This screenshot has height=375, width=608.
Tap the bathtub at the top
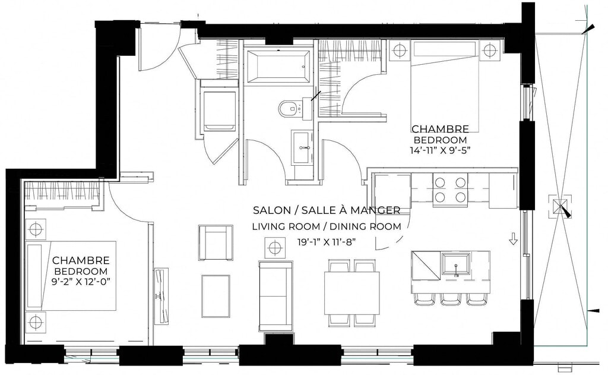pyautogui.click(x=278, y=66)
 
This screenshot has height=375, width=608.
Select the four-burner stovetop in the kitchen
pyautogui.click(x=450, y=190)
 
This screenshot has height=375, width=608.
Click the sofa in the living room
pyautogui.click(x=275, y=296)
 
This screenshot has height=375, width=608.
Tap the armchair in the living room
pyautogui.click(x=216, y=242)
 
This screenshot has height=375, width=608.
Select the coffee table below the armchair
pyautogui.click(x=216, y=296)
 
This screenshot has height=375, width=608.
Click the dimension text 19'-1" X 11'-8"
pyautogui.click(x=327, y=242)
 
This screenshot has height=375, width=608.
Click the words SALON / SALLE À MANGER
pyautogui.click(x=327, y=210)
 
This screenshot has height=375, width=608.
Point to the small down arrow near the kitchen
pyautogui.click(x=513, y=239)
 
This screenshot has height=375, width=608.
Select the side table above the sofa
pyautogui.click(x=274, y=247)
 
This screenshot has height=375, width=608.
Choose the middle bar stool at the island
pyautogui.click(x=451, y=299)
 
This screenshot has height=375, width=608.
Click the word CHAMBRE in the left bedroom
pyautogui.click(x=81, y=260)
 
